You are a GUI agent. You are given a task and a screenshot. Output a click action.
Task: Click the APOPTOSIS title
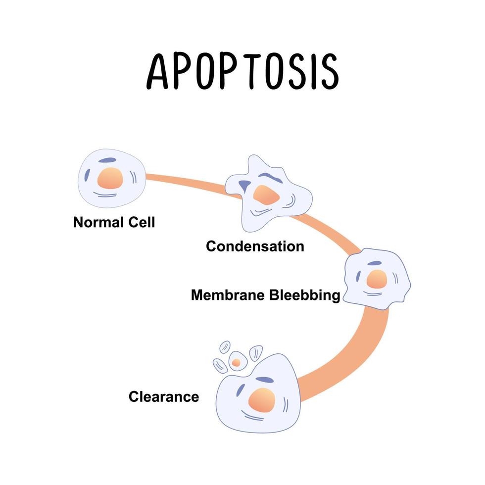(x=243, y=71)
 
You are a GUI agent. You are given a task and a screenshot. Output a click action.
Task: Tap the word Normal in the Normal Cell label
(x=98, y=222)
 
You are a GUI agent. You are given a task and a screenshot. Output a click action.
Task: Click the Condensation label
(x=255, y=246)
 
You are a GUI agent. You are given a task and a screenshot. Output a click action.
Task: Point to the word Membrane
(x=228, y=295)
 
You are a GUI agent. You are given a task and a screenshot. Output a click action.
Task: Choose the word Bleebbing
(x=305, y=295)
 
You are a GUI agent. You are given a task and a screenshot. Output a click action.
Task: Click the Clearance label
(x=164, y=396)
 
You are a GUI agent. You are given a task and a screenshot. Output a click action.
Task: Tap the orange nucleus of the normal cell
(x=110, y=178)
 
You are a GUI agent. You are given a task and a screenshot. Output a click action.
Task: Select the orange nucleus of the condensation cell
(x=266, y=195)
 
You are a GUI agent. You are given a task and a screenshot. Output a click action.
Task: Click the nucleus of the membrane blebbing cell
(x=377, y=279)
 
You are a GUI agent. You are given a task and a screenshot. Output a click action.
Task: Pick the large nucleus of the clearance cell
(x=262, y=400)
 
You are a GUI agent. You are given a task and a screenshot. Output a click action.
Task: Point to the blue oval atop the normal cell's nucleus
(x=107, y=160)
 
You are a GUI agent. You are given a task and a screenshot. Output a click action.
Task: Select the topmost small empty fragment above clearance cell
(x=225, y=347)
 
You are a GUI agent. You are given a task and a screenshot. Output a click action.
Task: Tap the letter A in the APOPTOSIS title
(x=157, y=71)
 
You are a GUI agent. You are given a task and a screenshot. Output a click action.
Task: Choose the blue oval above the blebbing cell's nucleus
(x=375, y=263)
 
